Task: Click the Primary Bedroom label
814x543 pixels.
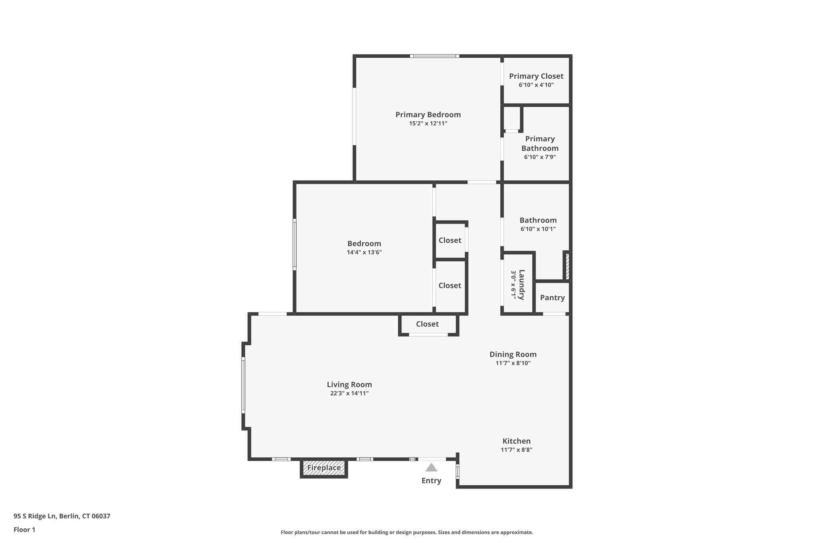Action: point(428,115)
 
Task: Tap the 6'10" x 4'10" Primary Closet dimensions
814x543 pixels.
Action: point(536,85)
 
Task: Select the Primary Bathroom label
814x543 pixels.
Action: point(540,143)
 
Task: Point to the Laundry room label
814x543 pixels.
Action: point(521,285)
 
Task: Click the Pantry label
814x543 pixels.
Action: point(552,298)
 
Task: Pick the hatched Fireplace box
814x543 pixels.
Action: point(324,468)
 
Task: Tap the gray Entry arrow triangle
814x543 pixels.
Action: point(431,467)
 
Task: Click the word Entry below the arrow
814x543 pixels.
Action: point(431,481)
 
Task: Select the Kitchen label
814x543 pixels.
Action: point(516,441)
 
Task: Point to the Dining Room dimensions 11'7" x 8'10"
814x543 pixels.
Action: point(513,363)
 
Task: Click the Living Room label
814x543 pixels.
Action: point(349,384)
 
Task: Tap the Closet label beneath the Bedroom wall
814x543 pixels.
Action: point(427,324)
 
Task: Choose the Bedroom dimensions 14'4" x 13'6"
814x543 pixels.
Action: point(364,252)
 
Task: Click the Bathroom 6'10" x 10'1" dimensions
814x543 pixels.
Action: point(538,229)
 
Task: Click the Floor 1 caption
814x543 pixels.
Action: point(24,529)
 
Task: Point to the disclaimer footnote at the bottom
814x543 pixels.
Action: point(407,532)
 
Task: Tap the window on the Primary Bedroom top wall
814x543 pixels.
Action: point(435,56)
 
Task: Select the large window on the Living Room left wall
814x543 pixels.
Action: point(243,385)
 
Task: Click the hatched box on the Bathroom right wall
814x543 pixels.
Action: point(567,266)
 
